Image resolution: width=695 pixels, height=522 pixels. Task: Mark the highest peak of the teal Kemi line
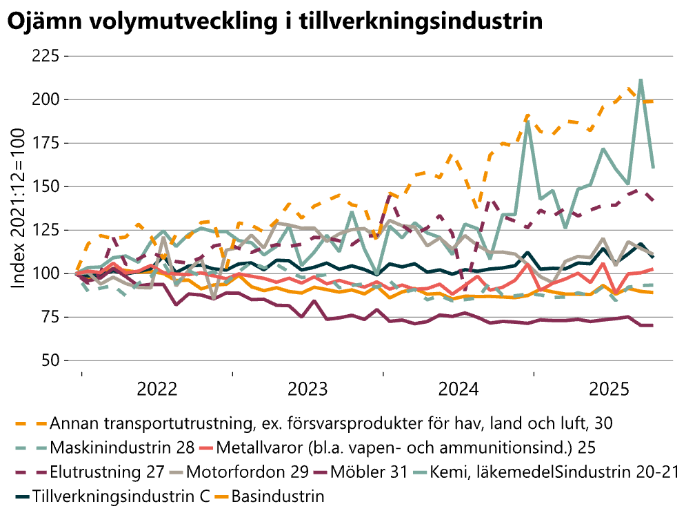coord(641,80)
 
